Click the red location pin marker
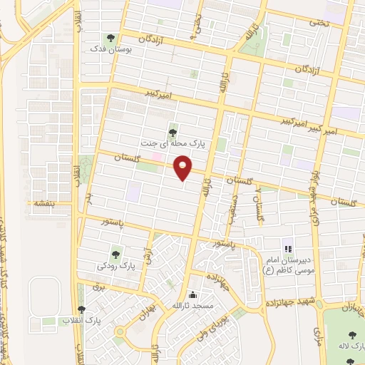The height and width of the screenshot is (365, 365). [184, 168]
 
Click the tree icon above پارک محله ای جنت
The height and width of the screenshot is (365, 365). [173, 130]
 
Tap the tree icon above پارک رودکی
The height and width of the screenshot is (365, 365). [115, 253]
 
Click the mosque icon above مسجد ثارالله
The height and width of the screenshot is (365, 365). [192, 294]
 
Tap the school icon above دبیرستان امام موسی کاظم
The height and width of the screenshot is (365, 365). [288, 250]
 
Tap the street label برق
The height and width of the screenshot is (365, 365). [98, 287]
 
